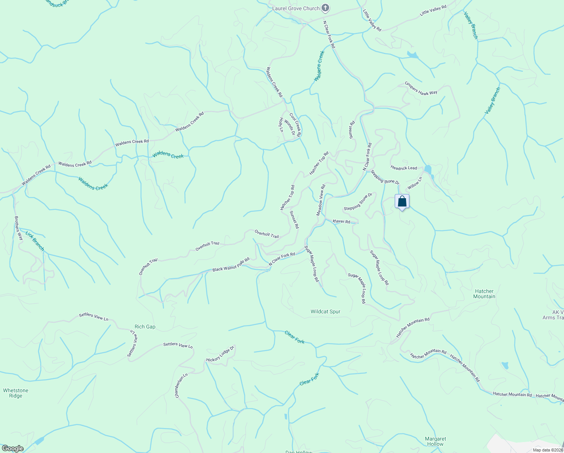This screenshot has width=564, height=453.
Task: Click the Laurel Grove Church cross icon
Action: (x=325, y=8)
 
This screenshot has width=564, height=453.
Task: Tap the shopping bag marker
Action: (x=402, y=201)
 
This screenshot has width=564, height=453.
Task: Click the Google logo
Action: (x=12, y=448)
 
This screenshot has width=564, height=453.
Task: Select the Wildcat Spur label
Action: (x=325, y=311)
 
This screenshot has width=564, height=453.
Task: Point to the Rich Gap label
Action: (x=145, y=327)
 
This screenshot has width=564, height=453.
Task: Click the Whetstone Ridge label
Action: (x=16, y=393)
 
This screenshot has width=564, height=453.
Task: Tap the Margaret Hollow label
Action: (x=435, y=441)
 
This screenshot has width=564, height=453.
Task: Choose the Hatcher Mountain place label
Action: (x=484, y=294)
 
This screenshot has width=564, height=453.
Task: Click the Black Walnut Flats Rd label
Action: (x=231, y=265)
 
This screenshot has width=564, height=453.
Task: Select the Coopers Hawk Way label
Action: (x=421, y=88)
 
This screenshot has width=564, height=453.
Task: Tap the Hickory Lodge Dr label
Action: (x=220, y=354)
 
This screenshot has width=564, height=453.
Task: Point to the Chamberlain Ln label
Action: (x=181, y=385)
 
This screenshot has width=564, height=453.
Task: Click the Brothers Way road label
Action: (x=18, y=228)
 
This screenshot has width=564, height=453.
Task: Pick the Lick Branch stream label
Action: (x=35, y=241)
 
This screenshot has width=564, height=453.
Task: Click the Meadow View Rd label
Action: (x=320, y=200)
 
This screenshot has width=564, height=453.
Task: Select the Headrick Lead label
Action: (x=404, y=168)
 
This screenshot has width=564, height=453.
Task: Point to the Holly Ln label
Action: (x=281, y=125)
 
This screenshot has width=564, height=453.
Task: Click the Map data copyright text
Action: (x=547, y=450)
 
